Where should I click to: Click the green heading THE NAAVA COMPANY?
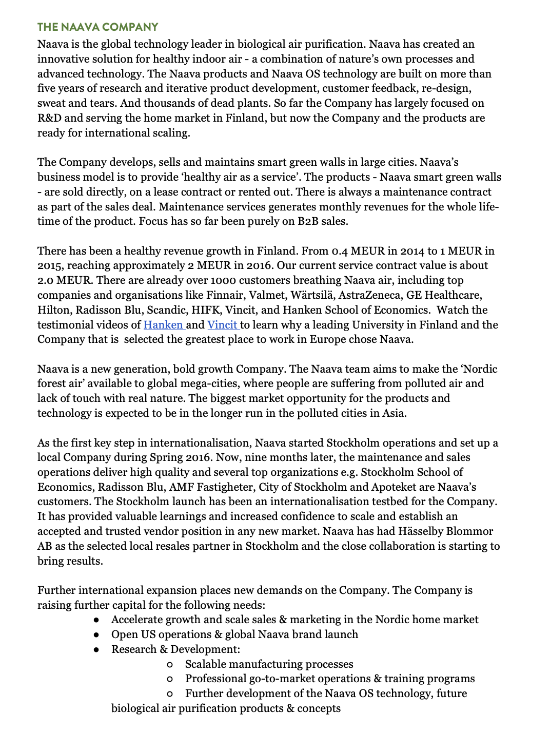[x=97, y=27]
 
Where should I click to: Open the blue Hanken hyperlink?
[x=163, y=325]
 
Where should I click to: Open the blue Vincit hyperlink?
[x=222, y=325]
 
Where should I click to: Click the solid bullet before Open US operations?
[x=96, y=635]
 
